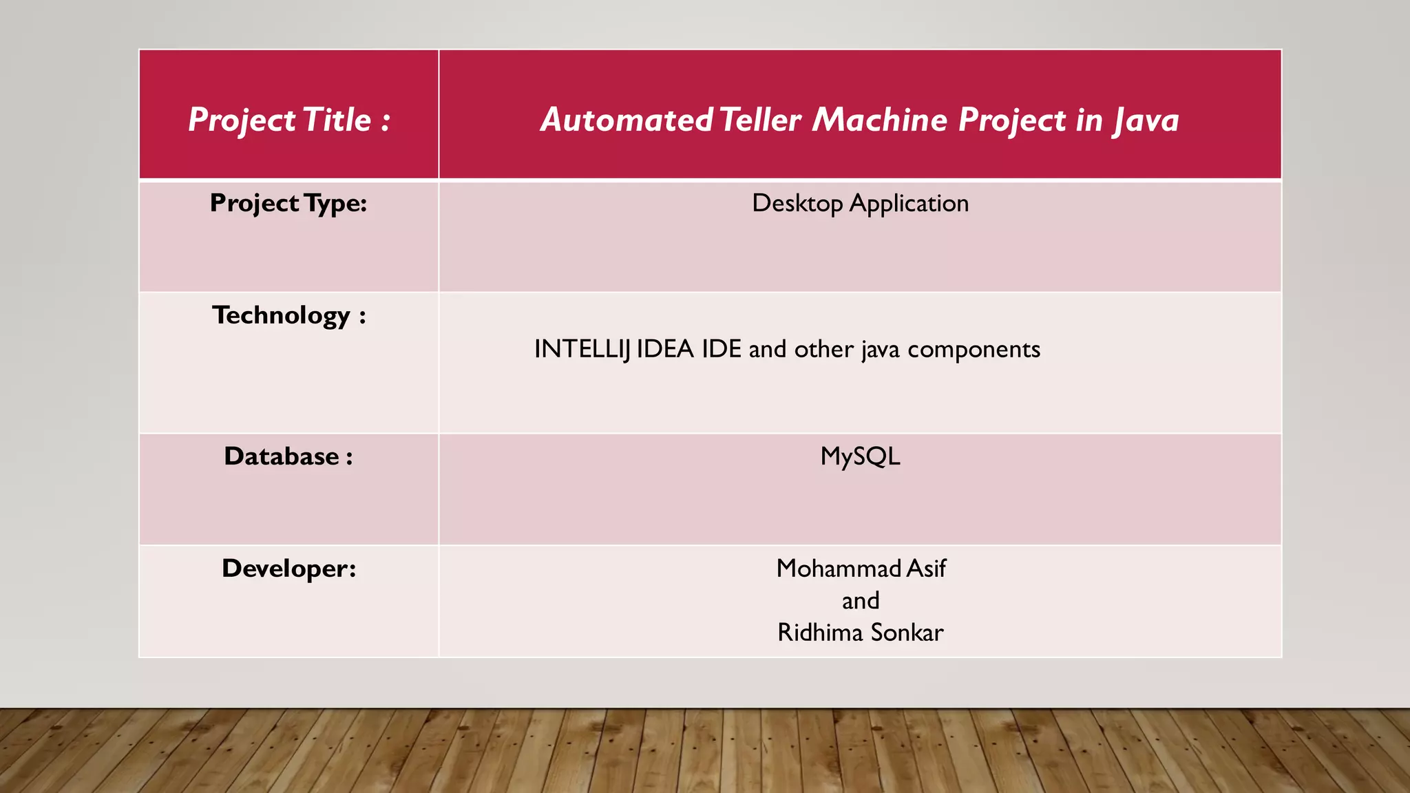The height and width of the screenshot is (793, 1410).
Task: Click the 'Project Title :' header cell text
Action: tap(289, 120)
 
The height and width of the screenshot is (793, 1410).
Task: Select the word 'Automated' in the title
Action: tap(627, 120)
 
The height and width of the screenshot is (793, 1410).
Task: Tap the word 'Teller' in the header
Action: tap(760, 120)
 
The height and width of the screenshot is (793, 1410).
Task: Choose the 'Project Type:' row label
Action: tap(288, 204)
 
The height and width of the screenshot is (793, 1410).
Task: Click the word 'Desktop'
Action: tap(797, 204)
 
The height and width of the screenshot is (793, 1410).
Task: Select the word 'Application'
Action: tap(909, 204)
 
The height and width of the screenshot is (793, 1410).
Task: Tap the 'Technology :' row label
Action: tap(289, 316)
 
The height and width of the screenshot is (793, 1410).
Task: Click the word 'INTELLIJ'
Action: tap(582, 350)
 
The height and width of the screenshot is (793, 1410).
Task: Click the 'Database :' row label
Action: tap(288, 456)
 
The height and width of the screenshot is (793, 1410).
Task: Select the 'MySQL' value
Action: tap(860, 457)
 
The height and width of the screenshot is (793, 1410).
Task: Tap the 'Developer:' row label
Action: tap(289, 569)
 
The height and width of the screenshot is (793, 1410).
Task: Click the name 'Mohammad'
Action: tap(839, 569)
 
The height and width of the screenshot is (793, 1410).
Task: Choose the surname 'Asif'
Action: tap(926, 569)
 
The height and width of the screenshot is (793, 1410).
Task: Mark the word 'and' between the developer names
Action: tap(861, 601)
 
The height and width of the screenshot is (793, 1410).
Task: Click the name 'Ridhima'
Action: tap(820, 633)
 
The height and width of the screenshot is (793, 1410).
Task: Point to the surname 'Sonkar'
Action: tap(907, 633)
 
